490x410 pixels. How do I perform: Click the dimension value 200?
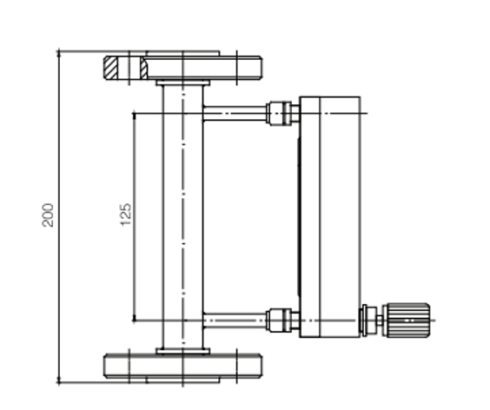click(x=50, y=215)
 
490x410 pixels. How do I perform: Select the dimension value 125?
click(x=125, y=215)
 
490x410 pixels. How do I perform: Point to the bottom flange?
click(x=182, y=365)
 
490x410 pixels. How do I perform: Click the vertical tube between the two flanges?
click(x=182, y=217)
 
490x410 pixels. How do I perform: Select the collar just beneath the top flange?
click(x=182, y=83)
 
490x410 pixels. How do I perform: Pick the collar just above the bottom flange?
click(x=182, y=350)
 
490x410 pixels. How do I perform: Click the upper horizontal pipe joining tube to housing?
click(x=235, y=112)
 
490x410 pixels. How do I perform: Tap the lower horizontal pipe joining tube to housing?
click(x=235, y=321)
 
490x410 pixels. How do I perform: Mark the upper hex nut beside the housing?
click(x=279, y=112)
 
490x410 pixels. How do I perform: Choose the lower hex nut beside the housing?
click(x=279, y=321)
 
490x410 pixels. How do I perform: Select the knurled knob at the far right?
click(x=407, y=320)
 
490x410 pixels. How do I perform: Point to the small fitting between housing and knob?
click(x=372, y=320)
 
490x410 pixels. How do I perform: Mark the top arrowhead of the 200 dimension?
click(x=59, y=55)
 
